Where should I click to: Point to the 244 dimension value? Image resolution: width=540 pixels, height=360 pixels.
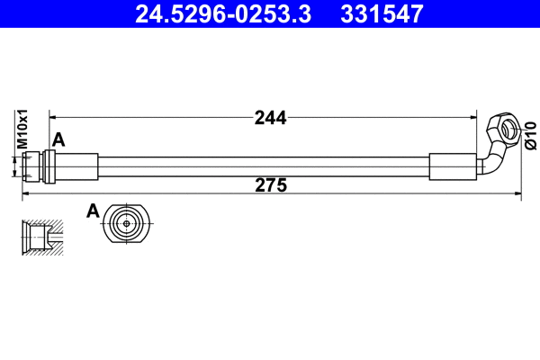point(270,117)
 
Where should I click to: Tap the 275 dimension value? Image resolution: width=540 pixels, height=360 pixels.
point(270,186)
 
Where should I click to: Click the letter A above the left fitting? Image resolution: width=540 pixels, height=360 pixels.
point(59,139)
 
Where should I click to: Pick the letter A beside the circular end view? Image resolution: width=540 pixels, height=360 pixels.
point(92,211)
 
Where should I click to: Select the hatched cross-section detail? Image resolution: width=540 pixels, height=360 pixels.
point(43,236)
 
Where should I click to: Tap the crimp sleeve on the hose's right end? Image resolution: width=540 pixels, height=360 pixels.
point(449,167)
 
